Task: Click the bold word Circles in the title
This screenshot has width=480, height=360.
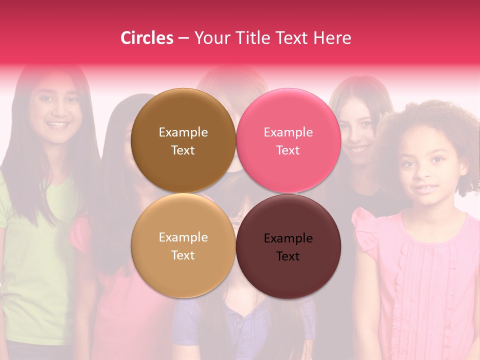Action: coord(147,38)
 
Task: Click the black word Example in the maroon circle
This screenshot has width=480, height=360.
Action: coord(288,238)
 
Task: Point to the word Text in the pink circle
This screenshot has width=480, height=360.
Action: coord(288,150)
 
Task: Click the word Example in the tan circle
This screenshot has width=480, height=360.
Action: coord(183,237)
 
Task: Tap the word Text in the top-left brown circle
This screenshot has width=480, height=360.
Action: coord(183,150)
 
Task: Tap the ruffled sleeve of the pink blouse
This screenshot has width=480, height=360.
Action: coord(365,227)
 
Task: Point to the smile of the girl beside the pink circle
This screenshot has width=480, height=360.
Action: coord(357,149)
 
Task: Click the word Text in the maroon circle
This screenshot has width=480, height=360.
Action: coord(288,256)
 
